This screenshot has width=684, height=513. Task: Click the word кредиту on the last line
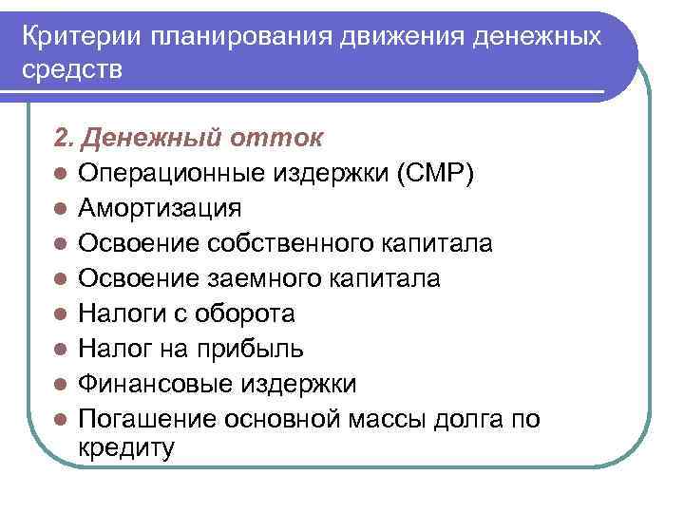[x=126, y=448]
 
